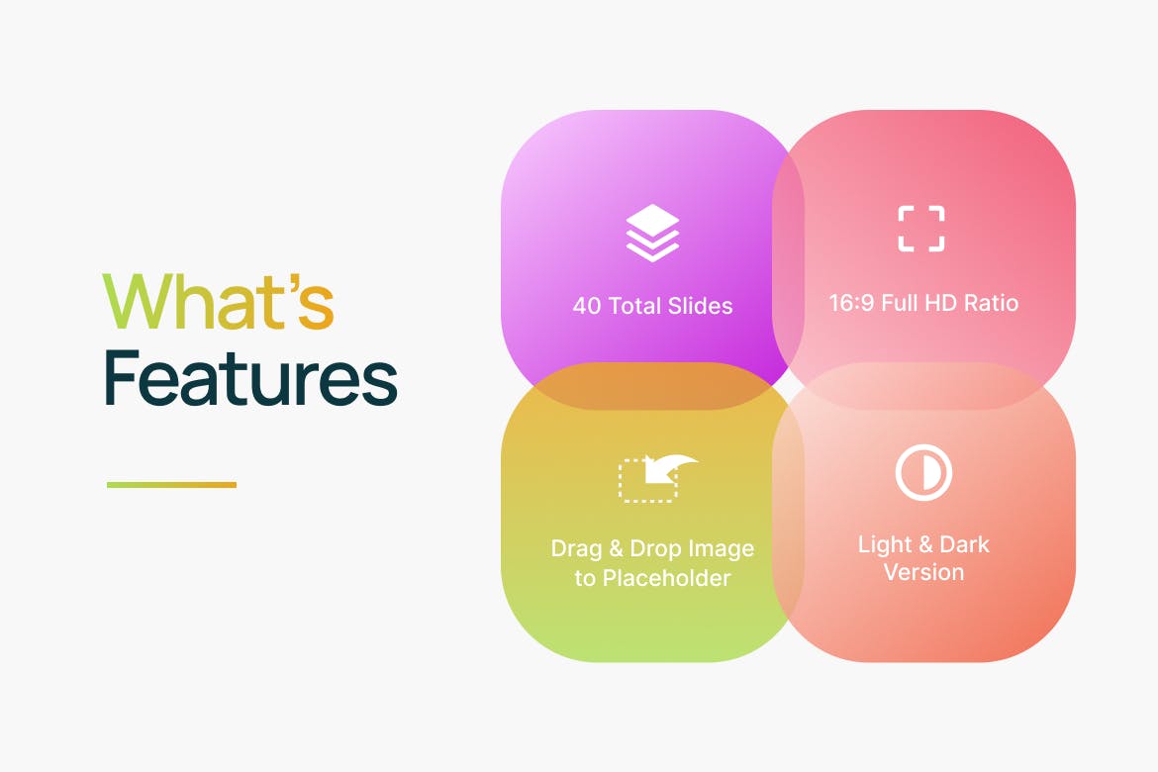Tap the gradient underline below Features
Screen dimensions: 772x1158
tap(171, 485)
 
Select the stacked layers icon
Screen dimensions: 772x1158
tap(652, 233)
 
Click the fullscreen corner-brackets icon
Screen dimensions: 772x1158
tap(921, 229)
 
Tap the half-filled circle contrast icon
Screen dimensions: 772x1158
tap(923, 472)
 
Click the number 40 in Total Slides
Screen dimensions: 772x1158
tap(588, 305)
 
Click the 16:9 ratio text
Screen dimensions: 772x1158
tap(852, 303)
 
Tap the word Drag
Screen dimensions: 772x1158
tap(574, 548)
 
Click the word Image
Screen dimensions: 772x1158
tap(721, 548)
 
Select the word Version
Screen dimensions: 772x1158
tap(923, 572)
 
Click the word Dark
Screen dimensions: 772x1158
tap(965, 544)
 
